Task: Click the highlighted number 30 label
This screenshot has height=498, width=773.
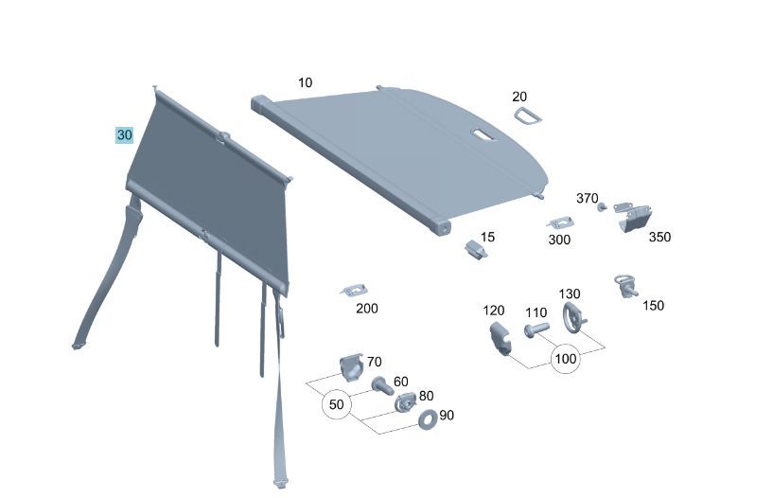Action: (x=124, y=134)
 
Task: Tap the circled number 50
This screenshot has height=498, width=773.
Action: (x=336, y=404)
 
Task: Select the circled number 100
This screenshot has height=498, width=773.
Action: (x=566, y=359)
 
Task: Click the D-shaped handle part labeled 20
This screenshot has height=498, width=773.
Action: (x=527, y=116)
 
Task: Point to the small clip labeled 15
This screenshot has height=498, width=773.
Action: (x=476, y=249)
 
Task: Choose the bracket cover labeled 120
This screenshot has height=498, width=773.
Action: (x=500, y=338)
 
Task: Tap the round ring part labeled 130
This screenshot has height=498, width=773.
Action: (x=572, y=317)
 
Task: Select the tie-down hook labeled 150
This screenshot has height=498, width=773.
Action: (x=625, y=286)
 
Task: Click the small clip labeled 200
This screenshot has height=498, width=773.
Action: (x=355, y=291)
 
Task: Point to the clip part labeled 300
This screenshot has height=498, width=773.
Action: (x=560, y=222)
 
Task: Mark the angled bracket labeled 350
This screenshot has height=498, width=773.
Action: (x=633, y=217)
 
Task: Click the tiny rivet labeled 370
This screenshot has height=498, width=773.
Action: (x=602, y=206)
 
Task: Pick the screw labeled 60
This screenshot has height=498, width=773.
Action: (x=382, y=385)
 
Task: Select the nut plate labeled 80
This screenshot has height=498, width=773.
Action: (x=406, y=401)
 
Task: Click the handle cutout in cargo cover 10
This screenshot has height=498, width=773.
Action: (x=484, y=134)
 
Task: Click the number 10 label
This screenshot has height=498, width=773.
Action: (x=306, y=82)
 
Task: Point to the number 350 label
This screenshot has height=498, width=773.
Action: (x=659, y=238)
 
